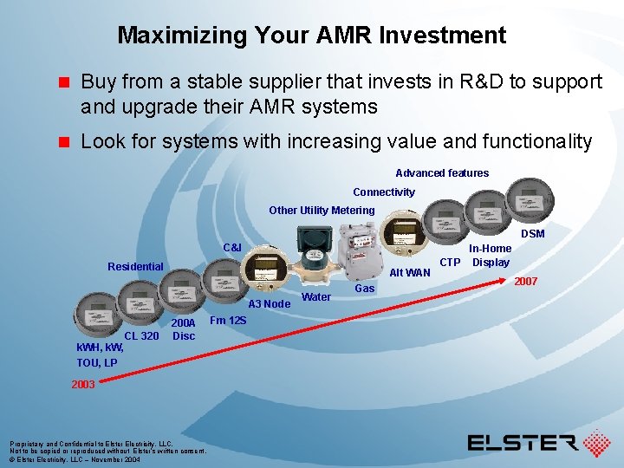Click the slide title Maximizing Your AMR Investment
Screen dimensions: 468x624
[311, 36]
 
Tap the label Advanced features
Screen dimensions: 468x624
[442, 173]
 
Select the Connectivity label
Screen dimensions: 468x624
[383, 192]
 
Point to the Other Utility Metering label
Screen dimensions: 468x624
[322, 211]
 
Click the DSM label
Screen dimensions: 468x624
[532, 234]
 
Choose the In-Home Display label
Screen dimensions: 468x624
[491, 256]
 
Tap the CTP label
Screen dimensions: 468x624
[450, 262]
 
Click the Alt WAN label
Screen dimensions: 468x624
[410, 273]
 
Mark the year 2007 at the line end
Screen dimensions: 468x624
[526, 282]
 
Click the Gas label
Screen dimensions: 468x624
[365, 289]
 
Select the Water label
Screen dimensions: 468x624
[315, 297]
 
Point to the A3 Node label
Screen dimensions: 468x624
[269, 304]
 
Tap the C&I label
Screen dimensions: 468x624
[232, 248]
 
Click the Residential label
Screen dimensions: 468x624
[135, 267]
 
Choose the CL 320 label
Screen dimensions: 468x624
[141, 336]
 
